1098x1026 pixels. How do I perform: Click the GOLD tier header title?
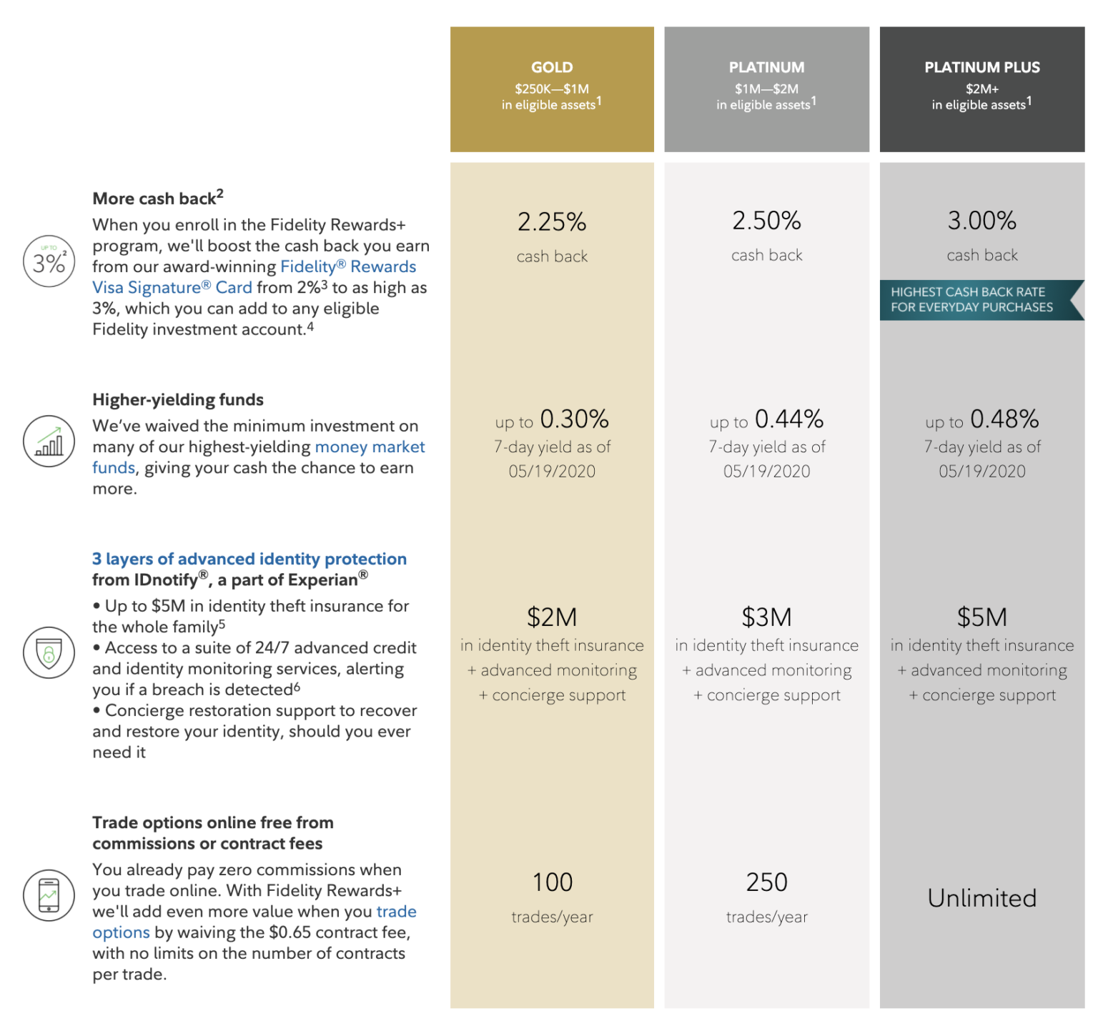(x=552, y=67)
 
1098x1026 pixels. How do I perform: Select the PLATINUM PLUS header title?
(x=981, y=67)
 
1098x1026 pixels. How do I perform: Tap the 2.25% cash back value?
(x=552, y=222)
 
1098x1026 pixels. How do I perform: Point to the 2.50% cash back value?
(x=766, y=221)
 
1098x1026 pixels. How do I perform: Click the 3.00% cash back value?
(x=981, y=221)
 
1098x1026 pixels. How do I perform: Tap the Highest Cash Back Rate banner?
(x=972, y=300)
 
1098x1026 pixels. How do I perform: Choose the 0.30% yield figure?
(x=574, y=419)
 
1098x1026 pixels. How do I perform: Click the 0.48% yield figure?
(x=1004, y=419)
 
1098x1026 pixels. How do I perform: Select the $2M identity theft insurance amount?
(x=552, y=617)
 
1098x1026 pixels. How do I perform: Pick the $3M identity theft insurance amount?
(x=766, y=617)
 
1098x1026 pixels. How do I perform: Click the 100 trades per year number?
(x=552, y=882)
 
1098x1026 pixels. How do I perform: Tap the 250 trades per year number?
(x=766, y=882)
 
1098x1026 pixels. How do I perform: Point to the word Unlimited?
(x=981, y=898)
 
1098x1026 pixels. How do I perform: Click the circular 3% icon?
(x=49, y=262)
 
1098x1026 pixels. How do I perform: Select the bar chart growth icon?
(x=49, y=442)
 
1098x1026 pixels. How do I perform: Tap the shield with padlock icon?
(x=49, y=653)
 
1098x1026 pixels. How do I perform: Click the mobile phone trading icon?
(x=49, y=895)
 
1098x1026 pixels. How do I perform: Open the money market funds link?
(x=370, y=447)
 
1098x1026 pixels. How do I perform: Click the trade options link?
(x=396, y=912)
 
